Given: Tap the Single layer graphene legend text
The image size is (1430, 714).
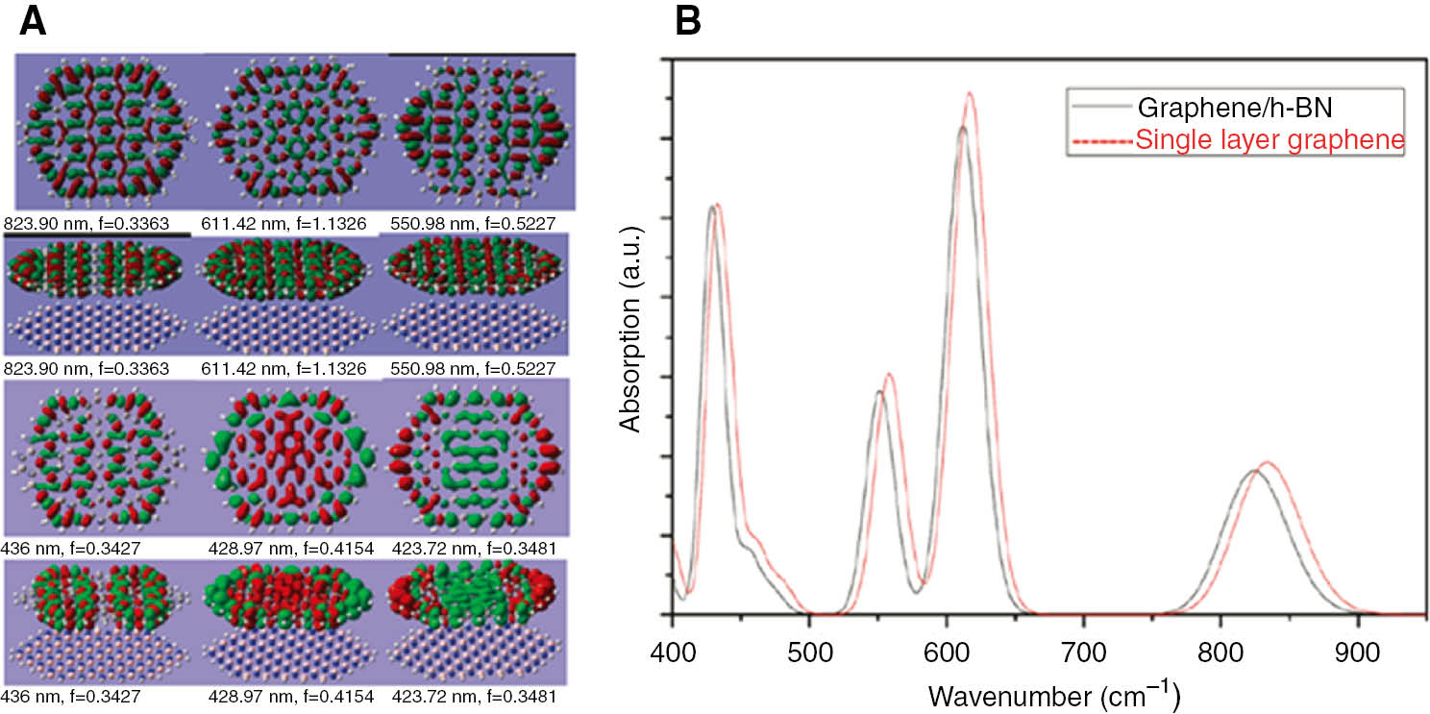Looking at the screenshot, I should (1270, 140).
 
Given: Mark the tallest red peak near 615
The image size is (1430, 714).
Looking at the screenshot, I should (970, 93).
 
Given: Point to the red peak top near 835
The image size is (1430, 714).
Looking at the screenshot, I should (1268, 462).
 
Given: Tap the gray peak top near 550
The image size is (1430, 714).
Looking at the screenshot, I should (878, 391).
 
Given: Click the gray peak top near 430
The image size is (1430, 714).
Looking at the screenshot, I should (712, 207).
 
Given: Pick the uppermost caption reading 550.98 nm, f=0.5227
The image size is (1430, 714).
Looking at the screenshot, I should (473, 224).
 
